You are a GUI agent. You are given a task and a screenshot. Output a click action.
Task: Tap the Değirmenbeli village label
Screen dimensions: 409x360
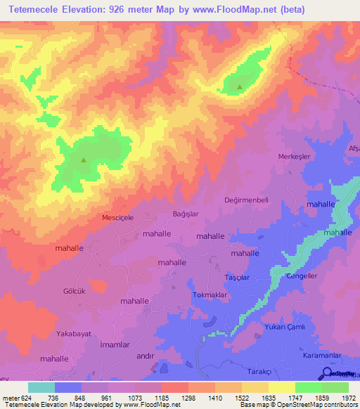pyautogui.click(x=246, y=200)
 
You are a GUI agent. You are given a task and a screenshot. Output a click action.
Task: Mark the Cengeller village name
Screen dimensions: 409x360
pyautogui.click(x=303, y=275)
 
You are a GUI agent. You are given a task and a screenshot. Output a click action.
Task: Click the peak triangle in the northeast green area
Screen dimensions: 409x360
pyautogui.click(x=240, y=88)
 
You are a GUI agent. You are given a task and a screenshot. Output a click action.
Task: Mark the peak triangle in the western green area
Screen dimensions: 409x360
pyautogui.click(x=84, y=160)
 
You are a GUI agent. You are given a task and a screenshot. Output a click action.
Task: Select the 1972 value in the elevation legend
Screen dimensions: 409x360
pyautogui.click(x=348, y=398)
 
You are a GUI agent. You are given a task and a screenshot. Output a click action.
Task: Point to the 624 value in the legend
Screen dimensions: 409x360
pyautogui.click(x=28, y=398)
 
